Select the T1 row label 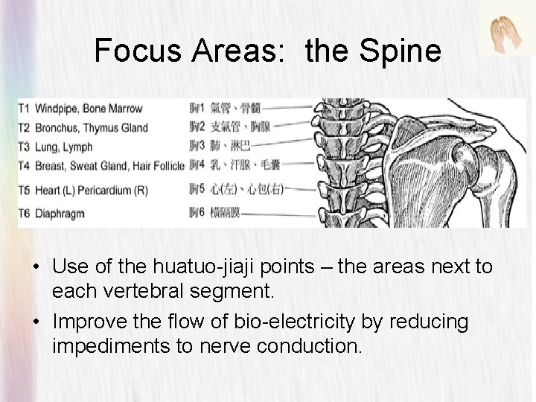click(x=24, y=109)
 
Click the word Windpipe click(x=56, y=109)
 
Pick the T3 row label click(x=24, y=145)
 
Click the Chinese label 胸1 click(x=197, y=109)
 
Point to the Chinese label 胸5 click(x=197, y=189)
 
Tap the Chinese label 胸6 click(x=197, y=214)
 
